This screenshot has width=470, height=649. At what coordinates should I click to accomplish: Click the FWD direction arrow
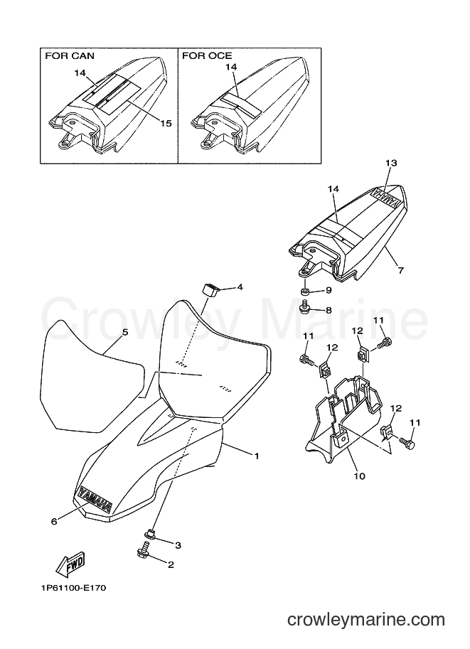point(72,564)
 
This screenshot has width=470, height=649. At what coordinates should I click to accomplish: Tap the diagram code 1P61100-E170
point(73,588)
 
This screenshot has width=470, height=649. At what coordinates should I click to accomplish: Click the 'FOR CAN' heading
point(70,55)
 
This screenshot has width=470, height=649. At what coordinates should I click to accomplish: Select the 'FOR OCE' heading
point(207,55)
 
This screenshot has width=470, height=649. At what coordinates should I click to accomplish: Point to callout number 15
point(166,124)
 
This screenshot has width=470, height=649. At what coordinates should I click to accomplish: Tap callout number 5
point(125,332)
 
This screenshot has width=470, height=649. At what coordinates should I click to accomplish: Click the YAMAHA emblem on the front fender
point(95,498)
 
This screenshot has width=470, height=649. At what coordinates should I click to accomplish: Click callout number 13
point(391,163)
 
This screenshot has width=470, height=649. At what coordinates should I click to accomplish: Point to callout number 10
point(360,476)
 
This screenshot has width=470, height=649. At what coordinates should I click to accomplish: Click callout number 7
point(401,271)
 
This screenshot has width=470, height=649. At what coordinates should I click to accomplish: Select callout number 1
point(257,456)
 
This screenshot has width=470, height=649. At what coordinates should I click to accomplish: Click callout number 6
point(54,522)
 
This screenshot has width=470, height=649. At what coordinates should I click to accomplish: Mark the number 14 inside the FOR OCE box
point(231,67)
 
